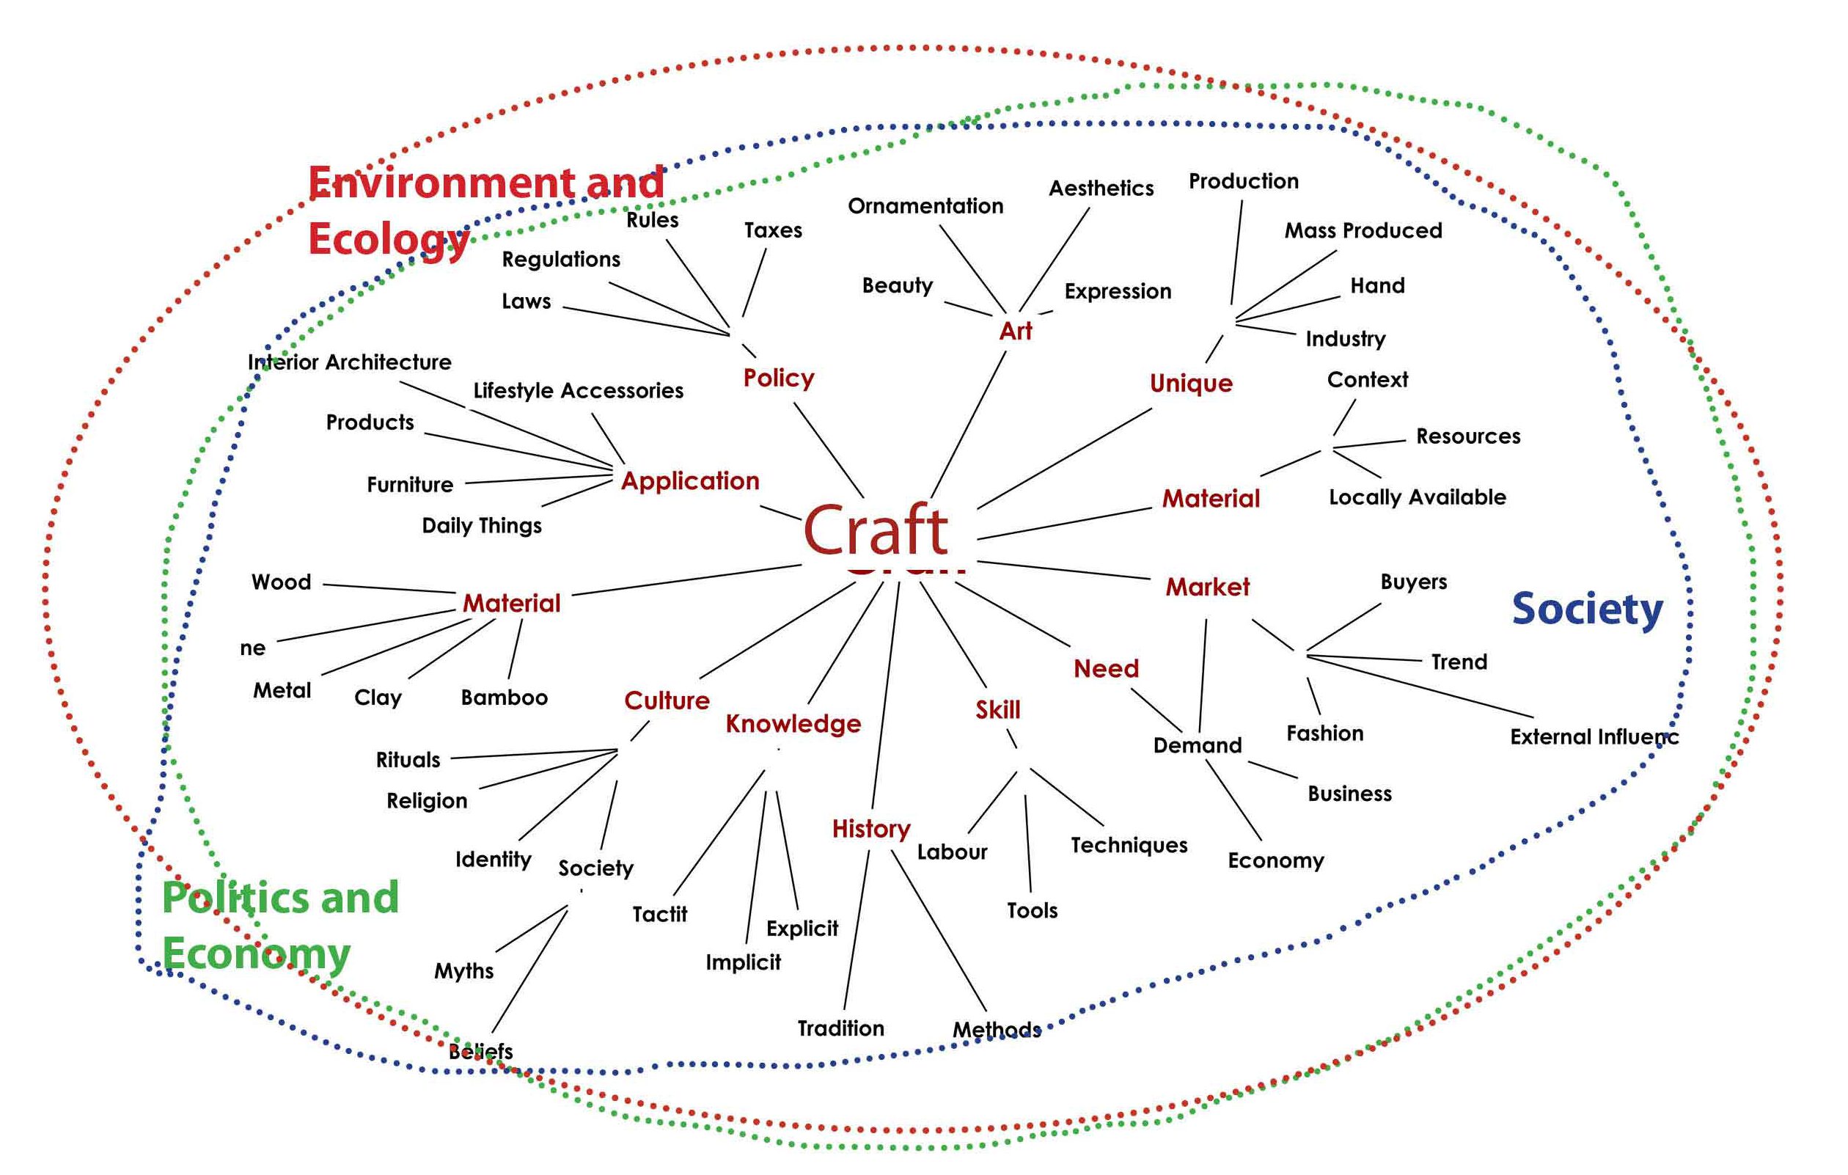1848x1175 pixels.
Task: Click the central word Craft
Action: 876,530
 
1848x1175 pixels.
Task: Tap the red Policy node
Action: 778,378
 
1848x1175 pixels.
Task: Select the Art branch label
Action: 1016,331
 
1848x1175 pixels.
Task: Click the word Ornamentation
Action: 925,205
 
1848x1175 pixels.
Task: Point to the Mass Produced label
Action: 1363,230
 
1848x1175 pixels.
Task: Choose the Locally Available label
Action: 1417,497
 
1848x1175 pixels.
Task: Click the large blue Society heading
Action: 1587,610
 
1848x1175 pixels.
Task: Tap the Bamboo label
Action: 505,697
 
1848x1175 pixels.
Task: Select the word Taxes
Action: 773,230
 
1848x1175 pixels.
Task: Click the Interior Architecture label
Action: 349,362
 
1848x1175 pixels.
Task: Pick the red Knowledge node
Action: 793,723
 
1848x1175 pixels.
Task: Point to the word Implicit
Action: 743,962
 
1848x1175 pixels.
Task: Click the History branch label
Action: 871,828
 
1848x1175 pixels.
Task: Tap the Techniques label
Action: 1129,845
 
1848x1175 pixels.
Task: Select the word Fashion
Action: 1324,733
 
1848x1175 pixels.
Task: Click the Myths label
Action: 463,971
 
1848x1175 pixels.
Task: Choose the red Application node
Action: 690,481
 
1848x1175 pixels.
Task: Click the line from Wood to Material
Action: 389,589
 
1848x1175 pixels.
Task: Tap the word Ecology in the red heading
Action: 389,239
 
